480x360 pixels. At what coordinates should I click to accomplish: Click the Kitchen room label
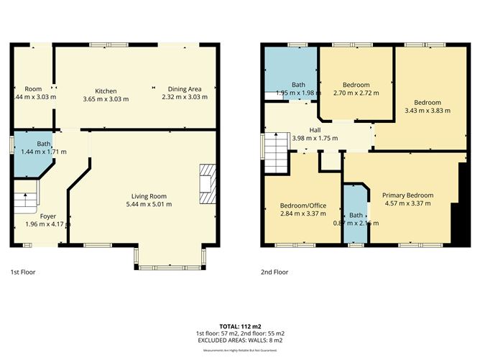click(x=105, y=90)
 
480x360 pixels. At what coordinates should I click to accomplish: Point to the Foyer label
click(x=48, y=216)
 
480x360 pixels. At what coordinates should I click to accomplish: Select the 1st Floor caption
click(x=23, y=272)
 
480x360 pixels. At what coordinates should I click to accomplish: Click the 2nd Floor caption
click(x=274, y=272)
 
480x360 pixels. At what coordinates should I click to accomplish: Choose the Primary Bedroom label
click(x=407, y=195)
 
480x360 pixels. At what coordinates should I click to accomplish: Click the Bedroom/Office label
click(x=303, y=205)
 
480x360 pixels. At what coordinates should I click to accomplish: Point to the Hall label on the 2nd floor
click(x=315, y=130)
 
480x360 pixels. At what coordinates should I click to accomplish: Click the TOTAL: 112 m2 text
click(x=240, y=326)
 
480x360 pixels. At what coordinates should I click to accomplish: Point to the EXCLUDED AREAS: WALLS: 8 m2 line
click(x=240, y=341)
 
